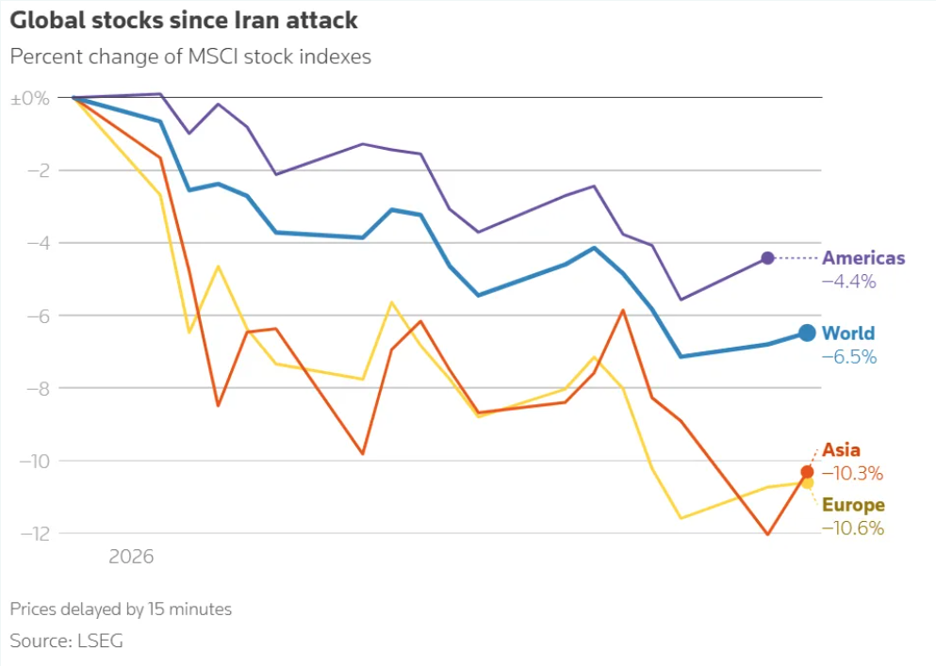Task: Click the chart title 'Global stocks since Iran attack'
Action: [x=184, y=21]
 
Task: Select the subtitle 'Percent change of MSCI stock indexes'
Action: [x=190, y=57]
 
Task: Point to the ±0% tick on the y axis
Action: [x=30, y=98]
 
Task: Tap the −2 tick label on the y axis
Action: [x=39, y=171]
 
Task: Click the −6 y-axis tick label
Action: [x=39, y=316]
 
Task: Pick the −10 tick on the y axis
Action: [x=35, y=461]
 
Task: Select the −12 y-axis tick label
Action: [x=35, y=533]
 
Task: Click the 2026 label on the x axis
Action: [x=131, y=557]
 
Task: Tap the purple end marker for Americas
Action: [x=767, y=258]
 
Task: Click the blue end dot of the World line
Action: [x=807, y=333]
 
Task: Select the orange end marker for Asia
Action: [x=807, y=472]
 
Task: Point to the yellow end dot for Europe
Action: [x=808, y=482]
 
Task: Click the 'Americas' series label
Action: [x=863, y=258]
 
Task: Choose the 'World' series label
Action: [x=848, y=333]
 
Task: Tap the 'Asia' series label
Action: [x=841, y=450]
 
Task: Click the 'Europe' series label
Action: [x=853, y=505]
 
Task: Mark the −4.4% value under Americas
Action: [x=849, y=282]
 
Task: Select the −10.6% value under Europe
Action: [x=852, y=528]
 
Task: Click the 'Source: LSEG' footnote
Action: [x=66, y=641]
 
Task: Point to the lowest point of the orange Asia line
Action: [x=767, y=534]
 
